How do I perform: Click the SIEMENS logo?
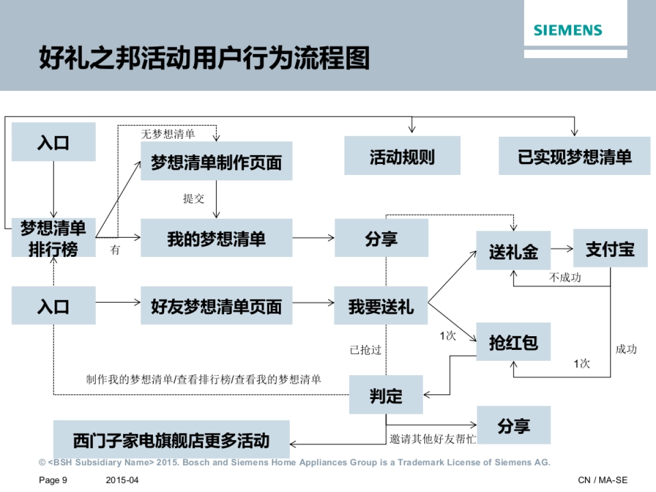567,30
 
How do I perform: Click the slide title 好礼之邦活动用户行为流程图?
204,58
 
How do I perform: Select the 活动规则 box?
402,157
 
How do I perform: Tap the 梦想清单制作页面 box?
216,162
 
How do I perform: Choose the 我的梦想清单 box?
216,238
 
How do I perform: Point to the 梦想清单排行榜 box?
53,238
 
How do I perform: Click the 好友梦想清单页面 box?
216,306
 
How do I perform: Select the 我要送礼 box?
381,306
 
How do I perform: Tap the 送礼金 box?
513,251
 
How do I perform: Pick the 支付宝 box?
610,249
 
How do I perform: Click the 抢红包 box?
513,342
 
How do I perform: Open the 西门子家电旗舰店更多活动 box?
171,440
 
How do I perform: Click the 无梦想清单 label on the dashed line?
168,134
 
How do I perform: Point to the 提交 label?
194,198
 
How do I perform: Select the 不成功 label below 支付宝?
565,278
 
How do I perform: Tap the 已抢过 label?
365,350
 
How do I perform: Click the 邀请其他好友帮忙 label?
432,439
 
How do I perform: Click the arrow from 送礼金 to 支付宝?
562,249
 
